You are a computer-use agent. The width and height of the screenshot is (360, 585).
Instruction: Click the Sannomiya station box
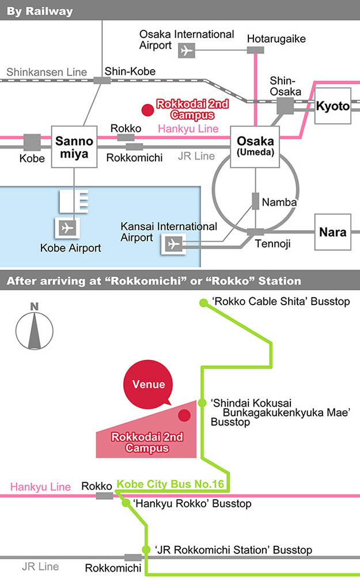click(x=74, y=147)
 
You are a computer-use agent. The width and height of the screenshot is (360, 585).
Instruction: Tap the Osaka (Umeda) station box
click(x=255, y=147)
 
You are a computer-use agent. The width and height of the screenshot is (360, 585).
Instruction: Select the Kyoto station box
click(x=332, y=106)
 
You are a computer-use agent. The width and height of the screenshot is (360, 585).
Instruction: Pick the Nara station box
click(x=332, y=232)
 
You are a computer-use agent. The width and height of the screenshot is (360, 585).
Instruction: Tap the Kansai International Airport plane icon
click(x=173, y=244)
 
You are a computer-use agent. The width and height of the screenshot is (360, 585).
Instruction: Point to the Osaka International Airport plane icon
click(x=185, y=51)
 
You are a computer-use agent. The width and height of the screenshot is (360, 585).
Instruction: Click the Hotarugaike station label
click(x=276, y=39)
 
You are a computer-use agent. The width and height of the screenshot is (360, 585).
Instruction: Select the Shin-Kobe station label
click(x=130, y=71)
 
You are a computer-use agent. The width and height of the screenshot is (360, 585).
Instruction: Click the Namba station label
click(x=279, y=202)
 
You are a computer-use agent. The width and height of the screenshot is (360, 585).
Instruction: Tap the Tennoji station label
click(x=272, y=244)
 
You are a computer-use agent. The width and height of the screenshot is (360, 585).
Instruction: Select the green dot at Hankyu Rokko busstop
click(x=125, y=503)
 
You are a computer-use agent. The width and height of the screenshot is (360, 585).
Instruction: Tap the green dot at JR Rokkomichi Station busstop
click(x=146, y=550)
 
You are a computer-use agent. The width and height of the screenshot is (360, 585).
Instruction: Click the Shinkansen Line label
click(x=47, y=73)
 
